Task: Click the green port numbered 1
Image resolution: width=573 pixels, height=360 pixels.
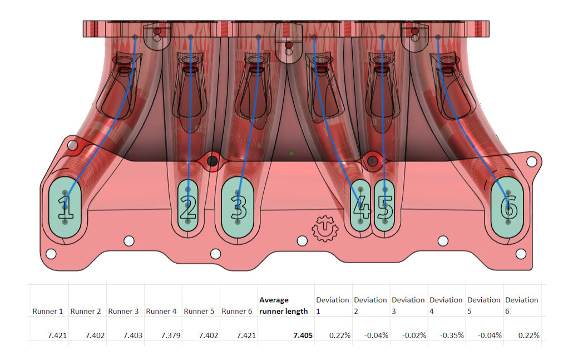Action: pyautogui.click(x=65, y=207)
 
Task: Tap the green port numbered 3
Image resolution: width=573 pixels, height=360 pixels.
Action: pyautogui.click(x=238, y=207)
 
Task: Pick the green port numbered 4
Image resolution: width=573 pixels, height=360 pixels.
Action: pyautogui.click(x=360, y=206)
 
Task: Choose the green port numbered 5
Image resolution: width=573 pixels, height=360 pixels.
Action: pyautogui.click(x=384, y=206)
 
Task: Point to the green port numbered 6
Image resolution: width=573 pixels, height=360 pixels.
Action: pyautogui.click(x=508, y=207)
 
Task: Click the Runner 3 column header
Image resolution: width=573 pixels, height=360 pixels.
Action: pyautogui.click(x=124, y=312)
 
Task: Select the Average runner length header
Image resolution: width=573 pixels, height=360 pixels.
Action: pyautogui.click(x=283, y=305)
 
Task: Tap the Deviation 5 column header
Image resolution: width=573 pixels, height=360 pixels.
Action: pyautogui.click(x=483, y=305)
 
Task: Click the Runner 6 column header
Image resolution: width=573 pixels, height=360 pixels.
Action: pyautogui.click(x=236, y=312)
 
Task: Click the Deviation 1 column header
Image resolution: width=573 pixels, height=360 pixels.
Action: pyautogui.click(x=332, y=305)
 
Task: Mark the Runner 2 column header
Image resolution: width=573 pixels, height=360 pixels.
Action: pyautogui.click(x=86, y=312)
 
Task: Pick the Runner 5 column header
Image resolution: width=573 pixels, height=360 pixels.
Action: pyautogui.click(x=199, y=312)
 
